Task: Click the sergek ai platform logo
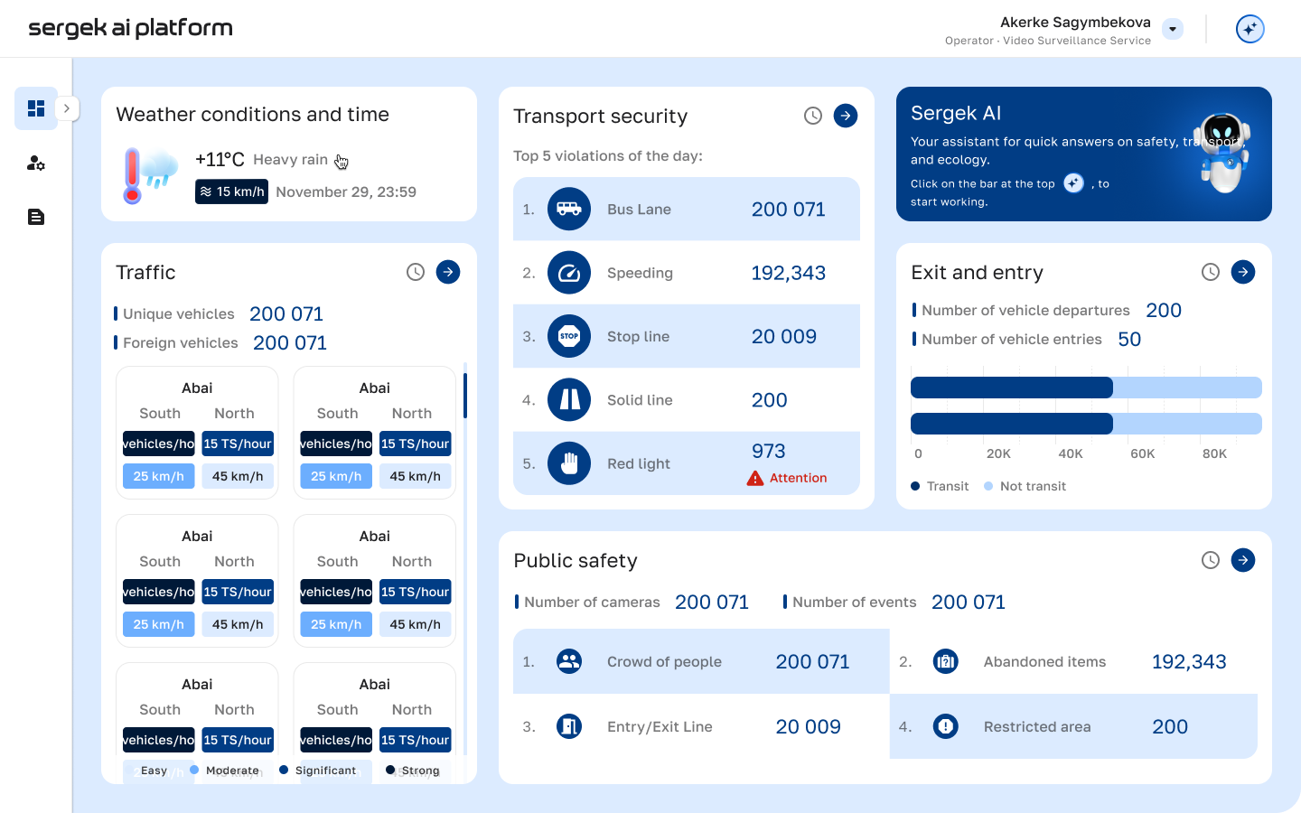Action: [x=130, y=28]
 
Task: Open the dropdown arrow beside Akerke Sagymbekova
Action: [x=1173, y=29]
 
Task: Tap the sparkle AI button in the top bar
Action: [x=1250, y=29]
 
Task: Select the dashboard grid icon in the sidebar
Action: [x=36, y=108]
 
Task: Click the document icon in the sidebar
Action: [x=36, y=217]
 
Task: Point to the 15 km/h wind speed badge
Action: [x=231, y=192]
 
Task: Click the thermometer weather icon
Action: [x=133, y=175]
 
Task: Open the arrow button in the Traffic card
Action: [x=448, y=272]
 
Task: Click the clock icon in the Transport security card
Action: [x=813, y=116]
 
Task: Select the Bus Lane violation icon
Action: [x=569, y=210]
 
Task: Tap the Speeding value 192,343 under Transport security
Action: [x=788, y=273]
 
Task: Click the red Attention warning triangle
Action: [x=755, y=479]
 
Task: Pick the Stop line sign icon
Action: [x=569, y=336]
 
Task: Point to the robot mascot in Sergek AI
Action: [x=1223, y=154]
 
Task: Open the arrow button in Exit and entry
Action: [x=1243, y=272]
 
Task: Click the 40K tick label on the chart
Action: [x=1071, y=453]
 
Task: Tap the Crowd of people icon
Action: [x=569, y=661]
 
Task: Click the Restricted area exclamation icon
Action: [x=946, y=726]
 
